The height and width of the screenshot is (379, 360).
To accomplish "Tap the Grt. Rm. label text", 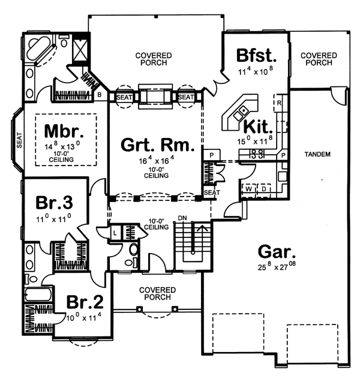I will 158,145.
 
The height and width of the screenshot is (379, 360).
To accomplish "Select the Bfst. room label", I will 256,56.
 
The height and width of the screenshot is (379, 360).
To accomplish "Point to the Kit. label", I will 259,127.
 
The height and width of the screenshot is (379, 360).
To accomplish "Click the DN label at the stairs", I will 182,218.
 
